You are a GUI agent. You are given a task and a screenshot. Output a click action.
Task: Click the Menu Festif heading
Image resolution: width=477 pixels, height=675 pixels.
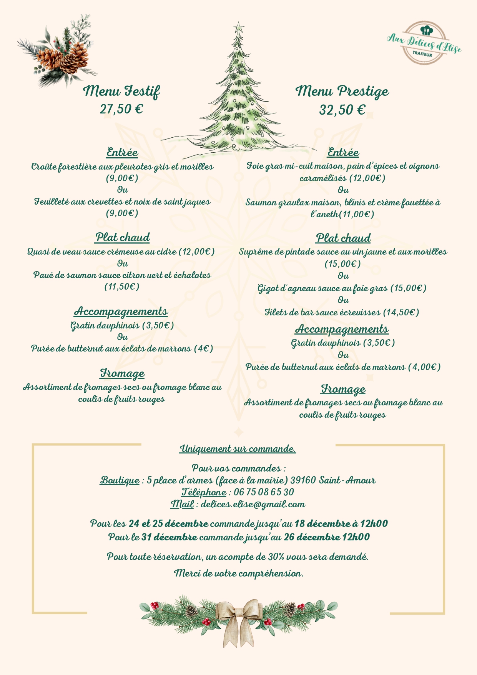click(x=121, y=92)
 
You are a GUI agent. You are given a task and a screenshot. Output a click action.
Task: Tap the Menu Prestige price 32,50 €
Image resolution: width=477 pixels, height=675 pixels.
click(x=342, y=110)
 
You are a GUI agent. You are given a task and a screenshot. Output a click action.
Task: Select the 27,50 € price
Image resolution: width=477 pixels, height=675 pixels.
click(x=121, y=109)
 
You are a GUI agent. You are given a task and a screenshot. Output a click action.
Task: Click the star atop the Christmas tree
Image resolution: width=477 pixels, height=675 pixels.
click(x=239, y=27)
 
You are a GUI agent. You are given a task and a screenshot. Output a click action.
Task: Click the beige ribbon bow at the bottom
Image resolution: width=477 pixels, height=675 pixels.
click(x=238, y=619)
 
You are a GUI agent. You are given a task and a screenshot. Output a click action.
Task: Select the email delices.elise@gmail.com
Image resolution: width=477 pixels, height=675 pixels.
click(x=253, y=504)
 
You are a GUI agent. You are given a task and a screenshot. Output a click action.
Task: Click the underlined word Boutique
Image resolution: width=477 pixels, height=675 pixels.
click(x=120, y=480)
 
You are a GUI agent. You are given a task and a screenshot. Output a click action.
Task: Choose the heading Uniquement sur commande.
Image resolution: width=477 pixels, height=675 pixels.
click(x=238, y=449)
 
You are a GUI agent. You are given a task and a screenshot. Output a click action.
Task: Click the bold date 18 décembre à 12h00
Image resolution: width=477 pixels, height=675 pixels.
click(x=341, y=524)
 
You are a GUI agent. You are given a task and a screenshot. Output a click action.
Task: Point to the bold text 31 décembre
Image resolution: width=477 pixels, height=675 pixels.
click(x=169, y=537)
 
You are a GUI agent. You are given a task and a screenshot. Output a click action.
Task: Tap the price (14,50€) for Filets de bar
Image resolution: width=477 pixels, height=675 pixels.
click(x=401, y=312)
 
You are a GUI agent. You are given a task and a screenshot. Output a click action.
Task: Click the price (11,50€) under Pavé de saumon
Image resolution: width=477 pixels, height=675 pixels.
click(x=122, y=287)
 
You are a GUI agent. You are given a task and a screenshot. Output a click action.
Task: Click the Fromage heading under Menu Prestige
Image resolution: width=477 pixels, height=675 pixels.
click(x=343, y=389)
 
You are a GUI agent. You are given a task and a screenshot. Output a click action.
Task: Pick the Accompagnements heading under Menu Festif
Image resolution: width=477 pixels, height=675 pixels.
click(x=121, y=311)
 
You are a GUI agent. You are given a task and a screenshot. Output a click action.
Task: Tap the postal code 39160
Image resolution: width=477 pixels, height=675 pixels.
click(x=303, y=480)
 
